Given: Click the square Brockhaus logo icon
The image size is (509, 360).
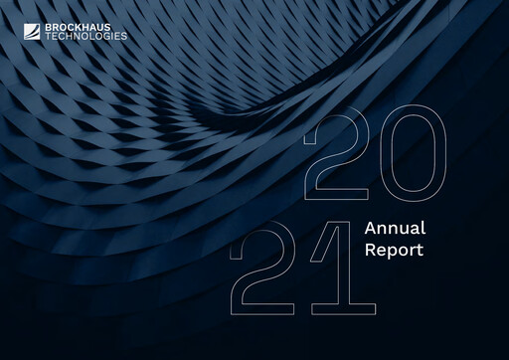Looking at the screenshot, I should point(23,30).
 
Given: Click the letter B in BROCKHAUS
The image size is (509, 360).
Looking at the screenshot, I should point(38,26).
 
